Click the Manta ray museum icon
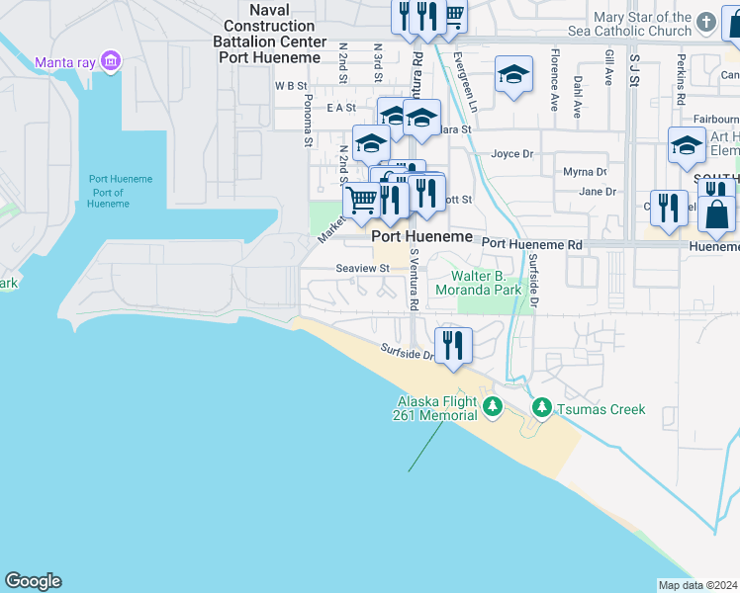[111, 62]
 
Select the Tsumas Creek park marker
[542, 407]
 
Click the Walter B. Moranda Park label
[486, 284]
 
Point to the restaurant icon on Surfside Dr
[453, 345]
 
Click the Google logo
[33, 581]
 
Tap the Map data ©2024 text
[697, 585]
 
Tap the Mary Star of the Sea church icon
[704, 21]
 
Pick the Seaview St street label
[363, 268]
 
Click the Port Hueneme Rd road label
[530, 243]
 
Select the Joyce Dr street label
[512, 154]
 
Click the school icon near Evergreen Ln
[512, 74]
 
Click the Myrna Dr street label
[585, 172]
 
